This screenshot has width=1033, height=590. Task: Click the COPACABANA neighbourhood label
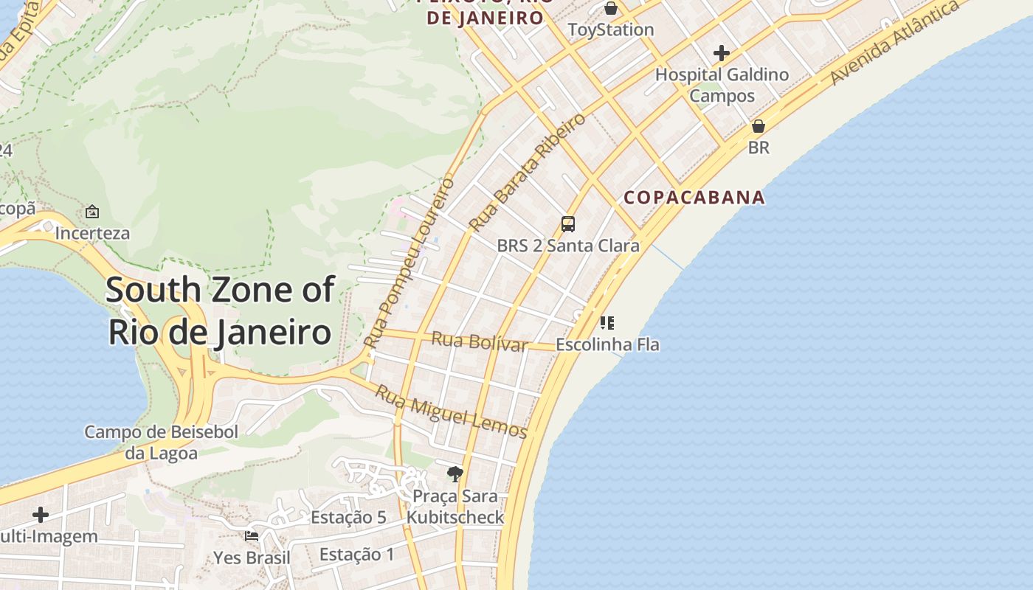click(x=694, y=198)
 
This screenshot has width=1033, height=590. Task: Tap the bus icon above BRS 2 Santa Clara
click(x=567, y=224)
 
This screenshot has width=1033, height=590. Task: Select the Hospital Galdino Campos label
click(x=722, y=85)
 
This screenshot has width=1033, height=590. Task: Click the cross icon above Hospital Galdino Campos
click(x=722, y=53)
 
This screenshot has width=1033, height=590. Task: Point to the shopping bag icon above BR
click(x=758, y=126)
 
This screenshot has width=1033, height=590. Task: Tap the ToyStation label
click(x=610, y=30)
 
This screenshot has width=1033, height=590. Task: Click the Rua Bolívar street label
click(x=480, y=341)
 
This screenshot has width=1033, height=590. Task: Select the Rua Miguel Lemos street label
click(x=451, y=412)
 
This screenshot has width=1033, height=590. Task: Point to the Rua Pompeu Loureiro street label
click(x=408, y=263)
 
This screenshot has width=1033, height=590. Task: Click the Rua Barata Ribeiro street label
click(x=527, y=171)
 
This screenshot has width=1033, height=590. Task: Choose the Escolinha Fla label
click(x=607, y=344)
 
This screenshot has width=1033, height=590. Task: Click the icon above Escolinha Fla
click(x=607, y=322)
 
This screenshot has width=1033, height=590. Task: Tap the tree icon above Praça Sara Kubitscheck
click(x=455, y=473)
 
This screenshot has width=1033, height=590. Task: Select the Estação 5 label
click(x=348, y=518)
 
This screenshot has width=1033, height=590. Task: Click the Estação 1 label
click(x=357, y=555)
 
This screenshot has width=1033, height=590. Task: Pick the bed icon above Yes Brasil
click(x=252, y=536)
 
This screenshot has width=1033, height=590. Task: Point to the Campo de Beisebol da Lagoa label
click(x=161, y=442)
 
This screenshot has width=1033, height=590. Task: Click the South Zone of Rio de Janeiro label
click(x=220, y=310)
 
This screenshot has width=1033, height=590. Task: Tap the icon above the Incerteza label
click(x=92, y=212)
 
